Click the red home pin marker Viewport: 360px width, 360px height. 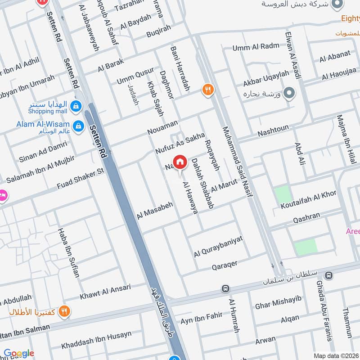(x=180, y=162)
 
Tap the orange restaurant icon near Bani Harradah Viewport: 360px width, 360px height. (x=207, y=89)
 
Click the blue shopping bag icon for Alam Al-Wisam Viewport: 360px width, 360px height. (x=79, y=126)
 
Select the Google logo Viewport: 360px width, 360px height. (x=18, y=353)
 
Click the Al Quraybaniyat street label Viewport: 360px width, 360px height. (x=218, y=247)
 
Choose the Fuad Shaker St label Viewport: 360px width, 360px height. (x=81, y=179)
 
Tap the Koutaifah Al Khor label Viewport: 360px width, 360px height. (x=308, y=200)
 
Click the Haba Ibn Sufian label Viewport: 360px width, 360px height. (x=68, y=252)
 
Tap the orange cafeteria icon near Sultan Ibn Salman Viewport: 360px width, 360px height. (x=65, y=311)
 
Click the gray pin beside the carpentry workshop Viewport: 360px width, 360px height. (x=291, y=94)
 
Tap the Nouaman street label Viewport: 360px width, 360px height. (x=162, y=127)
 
